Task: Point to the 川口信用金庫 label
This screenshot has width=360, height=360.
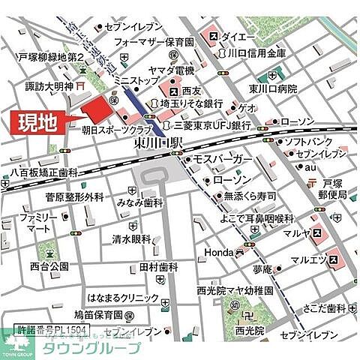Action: pyautogui.click(x=256, y=54)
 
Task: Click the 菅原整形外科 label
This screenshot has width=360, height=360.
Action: pyautogui.click(x=73, y=197)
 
